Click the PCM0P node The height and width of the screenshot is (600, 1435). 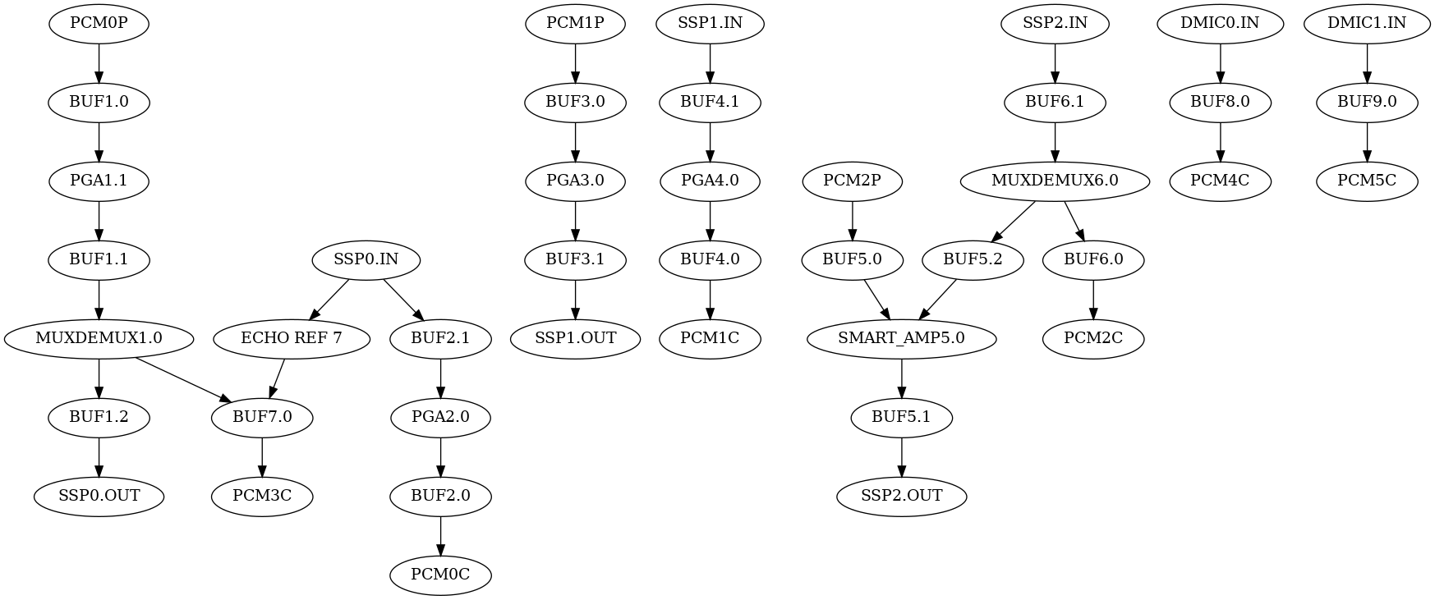coord(99,23)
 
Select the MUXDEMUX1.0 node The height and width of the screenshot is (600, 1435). coord(99,338)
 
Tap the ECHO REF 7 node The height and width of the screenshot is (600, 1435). coord(291,338)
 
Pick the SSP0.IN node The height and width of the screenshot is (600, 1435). coord(366,259)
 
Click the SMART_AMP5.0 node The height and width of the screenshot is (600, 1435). coord(901,338)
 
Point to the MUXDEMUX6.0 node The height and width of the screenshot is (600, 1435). coord(1055,181)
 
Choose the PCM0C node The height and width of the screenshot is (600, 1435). coord(440,575)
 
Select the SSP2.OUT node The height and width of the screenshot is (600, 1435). coord(901,496)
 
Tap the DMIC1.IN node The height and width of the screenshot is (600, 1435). coord(1366,23)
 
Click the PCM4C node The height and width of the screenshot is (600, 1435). coord(1220,181)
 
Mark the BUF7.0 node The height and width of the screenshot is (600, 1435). coord(262,417)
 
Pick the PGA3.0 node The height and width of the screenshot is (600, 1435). coord(575,181)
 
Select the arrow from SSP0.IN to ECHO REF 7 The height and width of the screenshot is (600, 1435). coord(329,300)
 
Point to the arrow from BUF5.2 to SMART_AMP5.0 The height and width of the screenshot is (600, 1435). coord(938,300)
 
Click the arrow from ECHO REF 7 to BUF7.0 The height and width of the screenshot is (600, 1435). coord(277,378)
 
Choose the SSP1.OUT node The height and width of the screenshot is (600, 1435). coord(575,338)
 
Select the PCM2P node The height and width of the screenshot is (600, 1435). coord(852,181)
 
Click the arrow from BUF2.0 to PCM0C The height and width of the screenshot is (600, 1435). coord(440,535)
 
